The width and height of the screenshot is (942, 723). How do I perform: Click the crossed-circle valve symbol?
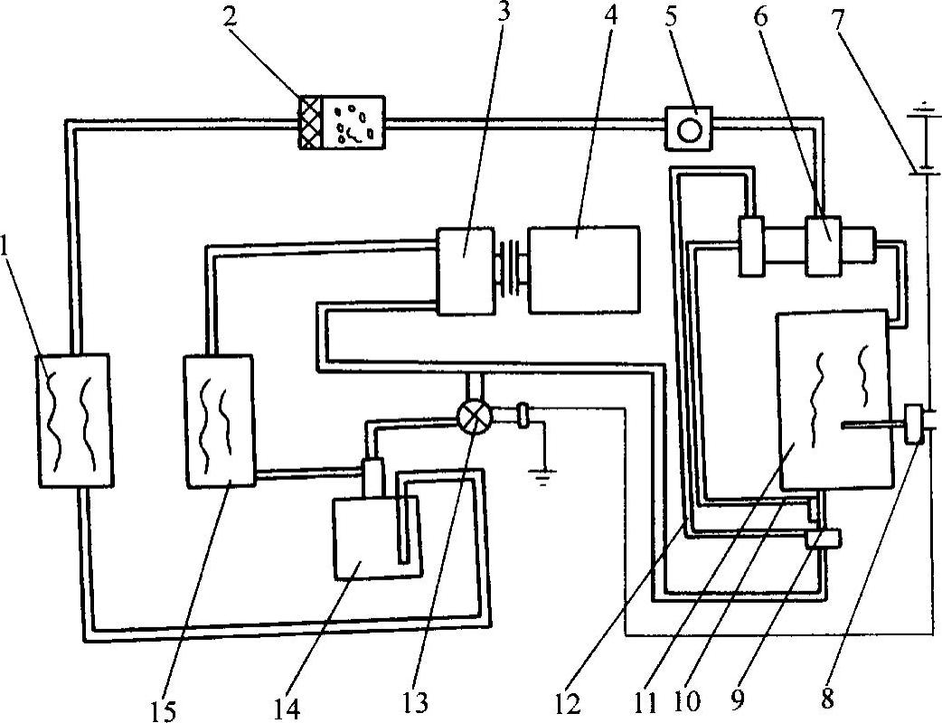(x=474, y=417)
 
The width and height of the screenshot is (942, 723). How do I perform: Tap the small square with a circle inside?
(x=689, y=127)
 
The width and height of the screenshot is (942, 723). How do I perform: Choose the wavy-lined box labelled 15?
(x=218, y=420)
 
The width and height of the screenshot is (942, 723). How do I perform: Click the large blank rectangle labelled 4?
(x=584, y=269)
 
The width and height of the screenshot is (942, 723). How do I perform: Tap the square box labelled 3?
(x=465, y=269)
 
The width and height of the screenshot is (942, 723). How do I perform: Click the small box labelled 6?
(x=824, y=245)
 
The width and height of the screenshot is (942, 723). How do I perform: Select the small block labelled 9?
(x=823, y=539)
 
